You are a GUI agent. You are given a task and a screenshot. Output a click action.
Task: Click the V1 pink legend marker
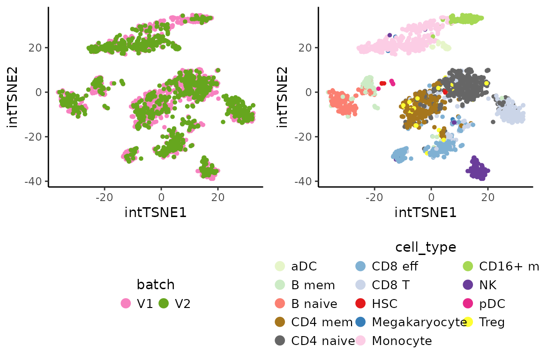[x=126, y=303]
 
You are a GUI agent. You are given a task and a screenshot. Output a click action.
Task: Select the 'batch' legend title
[x=156, y=284]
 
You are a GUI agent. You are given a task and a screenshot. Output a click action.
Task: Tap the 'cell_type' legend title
[x=426, y=247]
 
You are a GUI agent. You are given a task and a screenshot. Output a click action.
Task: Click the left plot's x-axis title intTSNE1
[x=156, y=212]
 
